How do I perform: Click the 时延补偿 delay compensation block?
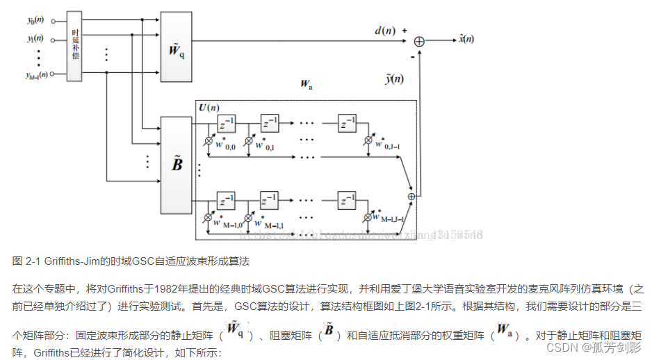pyautogui.click(x=76, y=44)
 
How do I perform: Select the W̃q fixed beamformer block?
pyautogui.click(x=177, y=49)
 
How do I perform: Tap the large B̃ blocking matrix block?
pyautogui.click(x=177, y=165)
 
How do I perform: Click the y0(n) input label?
pyautogui.click(x=35, y=21)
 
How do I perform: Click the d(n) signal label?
pyautogui.click(x=384, y=31)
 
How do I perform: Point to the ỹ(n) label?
pyautogui.click(x=394, y=79)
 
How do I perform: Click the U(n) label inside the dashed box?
pyautogui.click(x=209, y=108)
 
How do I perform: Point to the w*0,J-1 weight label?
pyautogui.click(x=385, y=145)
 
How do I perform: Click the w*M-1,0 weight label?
pyautogui.click(x=229, y=222)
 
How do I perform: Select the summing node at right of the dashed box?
pyautogui.click(x=411, y=197)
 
